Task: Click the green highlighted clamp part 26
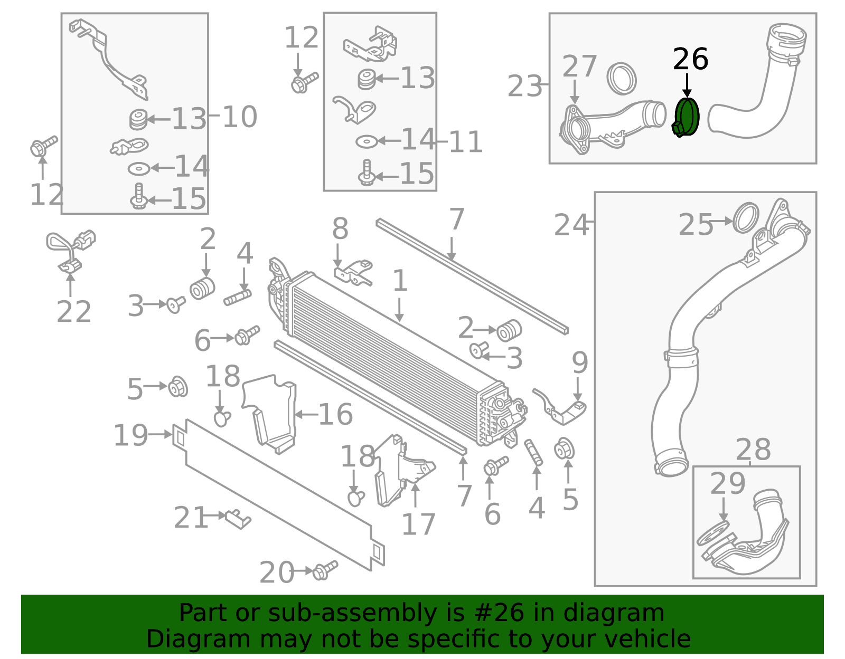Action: [687, 117]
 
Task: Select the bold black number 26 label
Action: [690, 59]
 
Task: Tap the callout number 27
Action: [579, 66]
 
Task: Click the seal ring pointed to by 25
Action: [746, 217]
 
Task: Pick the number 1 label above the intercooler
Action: [400, 281]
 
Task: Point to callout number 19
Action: [130, 435]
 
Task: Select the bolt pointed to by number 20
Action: [325, 570]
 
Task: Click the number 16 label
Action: [336, 414]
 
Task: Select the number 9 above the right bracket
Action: [580, 363]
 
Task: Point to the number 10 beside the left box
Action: [240, 117]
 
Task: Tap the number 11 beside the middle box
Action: [465, 142]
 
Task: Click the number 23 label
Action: [524, 86]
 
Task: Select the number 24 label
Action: [571, 225]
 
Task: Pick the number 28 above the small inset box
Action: [753, 450]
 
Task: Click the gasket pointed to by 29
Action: [713, 533]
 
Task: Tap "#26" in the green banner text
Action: [500, 613]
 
